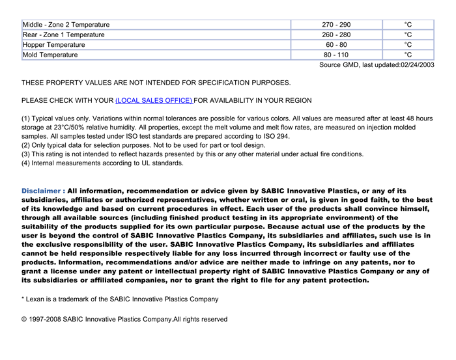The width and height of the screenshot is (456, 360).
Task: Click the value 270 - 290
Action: tap(335, 25)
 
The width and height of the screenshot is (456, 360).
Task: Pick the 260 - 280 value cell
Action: tap(335, 35)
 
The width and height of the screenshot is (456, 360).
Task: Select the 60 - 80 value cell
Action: tap(335, 45)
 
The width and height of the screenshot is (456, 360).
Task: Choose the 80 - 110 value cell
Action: tap(335, 55)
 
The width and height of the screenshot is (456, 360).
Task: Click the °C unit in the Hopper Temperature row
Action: tap(408, 45)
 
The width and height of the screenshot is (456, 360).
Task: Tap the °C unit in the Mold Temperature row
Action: tap(408, 55)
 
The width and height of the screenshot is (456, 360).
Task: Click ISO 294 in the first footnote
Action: tap(275, 137)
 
